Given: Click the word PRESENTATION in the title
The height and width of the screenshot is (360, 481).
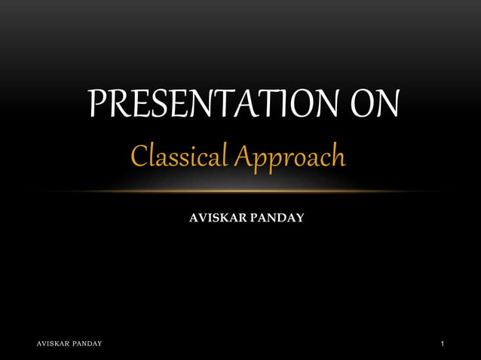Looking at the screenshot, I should click(208, 105).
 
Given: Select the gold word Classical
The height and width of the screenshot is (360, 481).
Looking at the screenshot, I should click(178, 157).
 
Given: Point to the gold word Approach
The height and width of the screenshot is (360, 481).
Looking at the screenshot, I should click(288, 159).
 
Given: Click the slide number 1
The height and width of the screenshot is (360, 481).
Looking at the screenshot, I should click(443, 343).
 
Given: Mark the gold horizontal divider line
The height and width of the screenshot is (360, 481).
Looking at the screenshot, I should click(240, 191).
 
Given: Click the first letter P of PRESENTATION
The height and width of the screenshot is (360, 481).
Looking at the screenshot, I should click(97, 105).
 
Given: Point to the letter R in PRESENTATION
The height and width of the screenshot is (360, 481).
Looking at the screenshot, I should click(118, 105).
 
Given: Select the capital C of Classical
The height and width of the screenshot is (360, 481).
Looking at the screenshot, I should click(139, 157).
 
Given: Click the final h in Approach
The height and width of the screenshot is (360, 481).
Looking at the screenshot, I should click(337, 157).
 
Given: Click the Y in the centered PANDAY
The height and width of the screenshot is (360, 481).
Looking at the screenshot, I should click(299, 218).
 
